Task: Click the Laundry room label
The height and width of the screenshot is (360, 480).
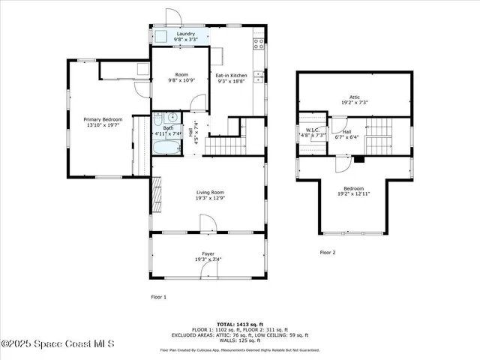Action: (x=186, y=34)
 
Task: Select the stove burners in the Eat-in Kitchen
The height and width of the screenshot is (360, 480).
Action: (x=259, y=43)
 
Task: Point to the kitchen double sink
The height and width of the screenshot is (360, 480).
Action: (x=258, y=74)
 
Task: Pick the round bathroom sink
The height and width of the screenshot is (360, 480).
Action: (x=172, y=117)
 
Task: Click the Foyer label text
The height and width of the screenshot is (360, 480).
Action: (x=207, y=254)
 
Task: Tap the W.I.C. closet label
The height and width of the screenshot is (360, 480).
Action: (x=313, y=130)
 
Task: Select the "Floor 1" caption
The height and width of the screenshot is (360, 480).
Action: (x=159, y=297)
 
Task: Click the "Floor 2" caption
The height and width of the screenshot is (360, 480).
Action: (x=328, y=253)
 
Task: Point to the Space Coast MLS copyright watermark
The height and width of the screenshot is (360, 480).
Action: (x=58, y=344)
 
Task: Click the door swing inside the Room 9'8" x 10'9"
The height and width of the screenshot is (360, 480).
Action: (x=197, y=103)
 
